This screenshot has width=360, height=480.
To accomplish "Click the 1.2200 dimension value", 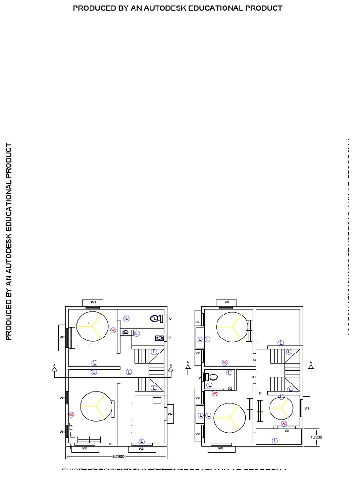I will pos(316,437).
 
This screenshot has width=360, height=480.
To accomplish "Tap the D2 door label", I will pos(230,389).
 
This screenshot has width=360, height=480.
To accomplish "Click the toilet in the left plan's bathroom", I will pos(156,318).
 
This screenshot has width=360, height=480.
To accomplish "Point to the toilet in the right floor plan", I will pos(213,376).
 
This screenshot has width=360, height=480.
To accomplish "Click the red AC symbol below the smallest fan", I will pos(284,423).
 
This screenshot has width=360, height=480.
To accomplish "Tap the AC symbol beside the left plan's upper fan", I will pos(113,330).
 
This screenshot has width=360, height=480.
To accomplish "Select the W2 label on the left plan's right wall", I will pos(170,414).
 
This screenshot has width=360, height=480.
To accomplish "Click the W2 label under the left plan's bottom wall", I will pos(142,449).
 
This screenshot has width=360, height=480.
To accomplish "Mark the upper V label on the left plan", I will pos(170,319).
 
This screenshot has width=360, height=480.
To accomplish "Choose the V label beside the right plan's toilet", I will pos(200,377).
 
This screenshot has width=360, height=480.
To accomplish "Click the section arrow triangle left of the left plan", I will pos(54,369).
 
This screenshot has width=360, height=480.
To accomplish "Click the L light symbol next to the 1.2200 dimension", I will pos(275,441).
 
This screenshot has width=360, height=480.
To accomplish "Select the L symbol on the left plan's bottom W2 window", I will pos(142,441).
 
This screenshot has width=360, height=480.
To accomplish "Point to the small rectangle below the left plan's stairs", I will pos(157,400).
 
